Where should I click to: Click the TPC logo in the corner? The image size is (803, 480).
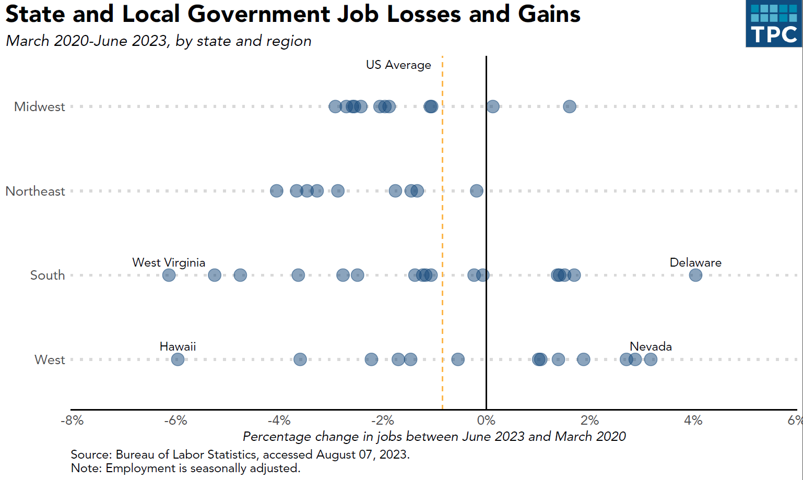tap(774, 23)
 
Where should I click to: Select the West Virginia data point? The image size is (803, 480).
tap(169, 275)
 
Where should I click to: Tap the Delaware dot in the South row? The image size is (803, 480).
tap(695, 275)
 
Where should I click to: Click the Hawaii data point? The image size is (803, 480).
tap(178, 359)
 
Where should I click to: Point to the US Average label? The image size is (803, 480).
tap(398, 65)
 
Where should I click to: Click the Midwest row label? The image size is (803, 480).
tap(40, 107)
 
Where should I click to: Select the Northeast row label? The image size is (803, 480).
tap(36, 191)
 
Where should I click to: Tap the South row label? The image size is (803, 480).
tap(48, 275)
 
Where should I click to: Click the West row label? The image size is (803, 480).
tap(50, 360)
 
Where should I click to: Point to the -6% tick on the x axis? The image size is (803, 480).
tap(175, 421)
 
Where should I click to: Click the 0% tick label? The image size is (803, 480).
tap(486, 421)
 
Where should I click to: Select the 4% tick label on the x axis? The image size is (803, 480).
tap(693, 421)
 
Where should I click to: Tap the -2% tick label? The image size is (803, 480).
tap(383, 421)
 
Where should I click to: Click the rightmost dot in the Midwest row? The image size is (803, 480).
tap(570, 106)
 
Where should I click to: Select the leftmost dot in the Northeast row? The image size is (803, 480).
tap(277, 191)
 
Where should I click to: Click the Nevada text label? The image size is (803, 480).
tap(651, 346)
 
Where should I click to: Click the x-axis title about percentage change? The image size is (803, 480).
tap(434, 437)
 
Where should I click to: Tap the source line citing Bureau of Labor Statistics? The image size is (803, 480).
tap(240, 454)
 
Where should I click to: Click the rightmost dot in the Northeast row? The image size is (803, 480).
tap(477, 191)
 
